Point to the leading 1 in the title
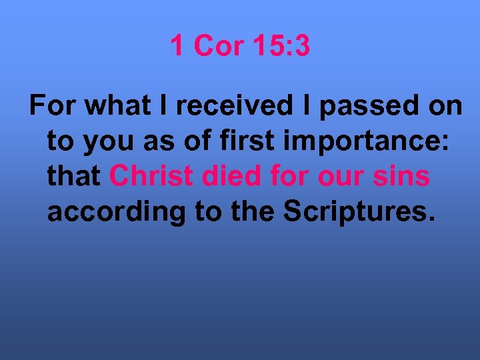click(x=177, y=46)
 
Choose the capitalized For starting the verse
click(x=51, y=107)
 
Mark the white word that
click(x=74, y=177)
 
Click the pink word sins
click(x=404, y=177)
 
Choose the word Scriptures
click(x=359, y=211)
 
